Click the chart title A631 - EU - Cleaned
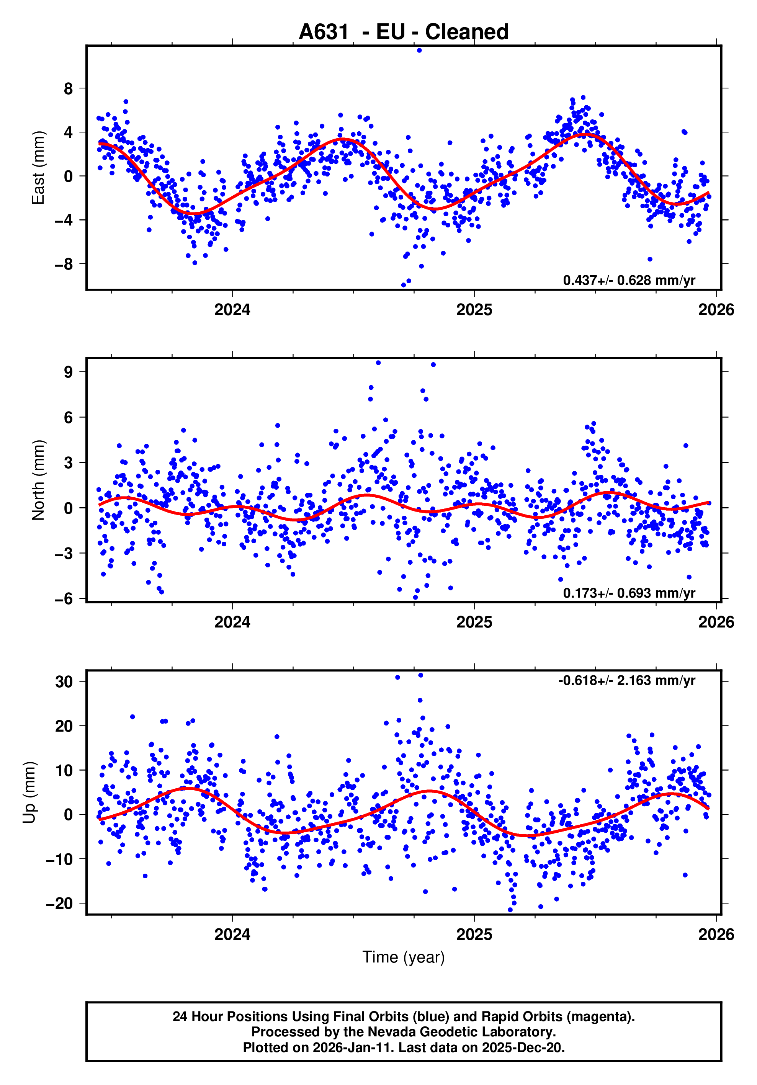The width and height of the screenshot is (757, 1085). (404, 32)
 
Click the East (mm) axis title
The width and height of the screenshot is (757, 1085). (38, 168)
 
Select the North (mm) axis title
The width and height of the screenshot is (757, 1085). (38, 480)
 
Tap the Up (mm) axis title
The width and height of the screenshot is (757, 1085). (29, 793)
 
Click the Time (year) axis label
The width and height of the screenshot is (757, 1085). (404, 957)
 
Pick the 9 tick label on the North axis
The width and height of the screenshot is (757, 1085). (69, 372)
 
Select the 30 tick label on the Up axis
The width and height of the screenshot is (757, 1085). (64, 682)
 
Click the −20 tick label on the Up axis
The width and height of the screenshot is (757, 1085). (59, 904)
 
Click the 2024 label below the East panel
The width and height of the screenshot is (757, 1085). (232, 310)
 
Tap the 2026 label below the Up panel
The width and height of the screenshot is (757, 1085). (716, 934)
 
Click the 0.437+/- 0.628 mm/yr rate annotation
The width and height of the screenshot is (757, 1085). (629, 280)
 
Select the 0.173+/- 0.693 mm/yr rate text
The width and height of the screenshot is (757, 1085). (629, 593)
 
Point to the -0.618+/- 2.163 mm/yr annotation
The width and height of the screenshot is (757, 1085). (626, 680)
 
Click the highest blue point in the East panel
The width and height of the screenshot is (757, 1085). (419, 50)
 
